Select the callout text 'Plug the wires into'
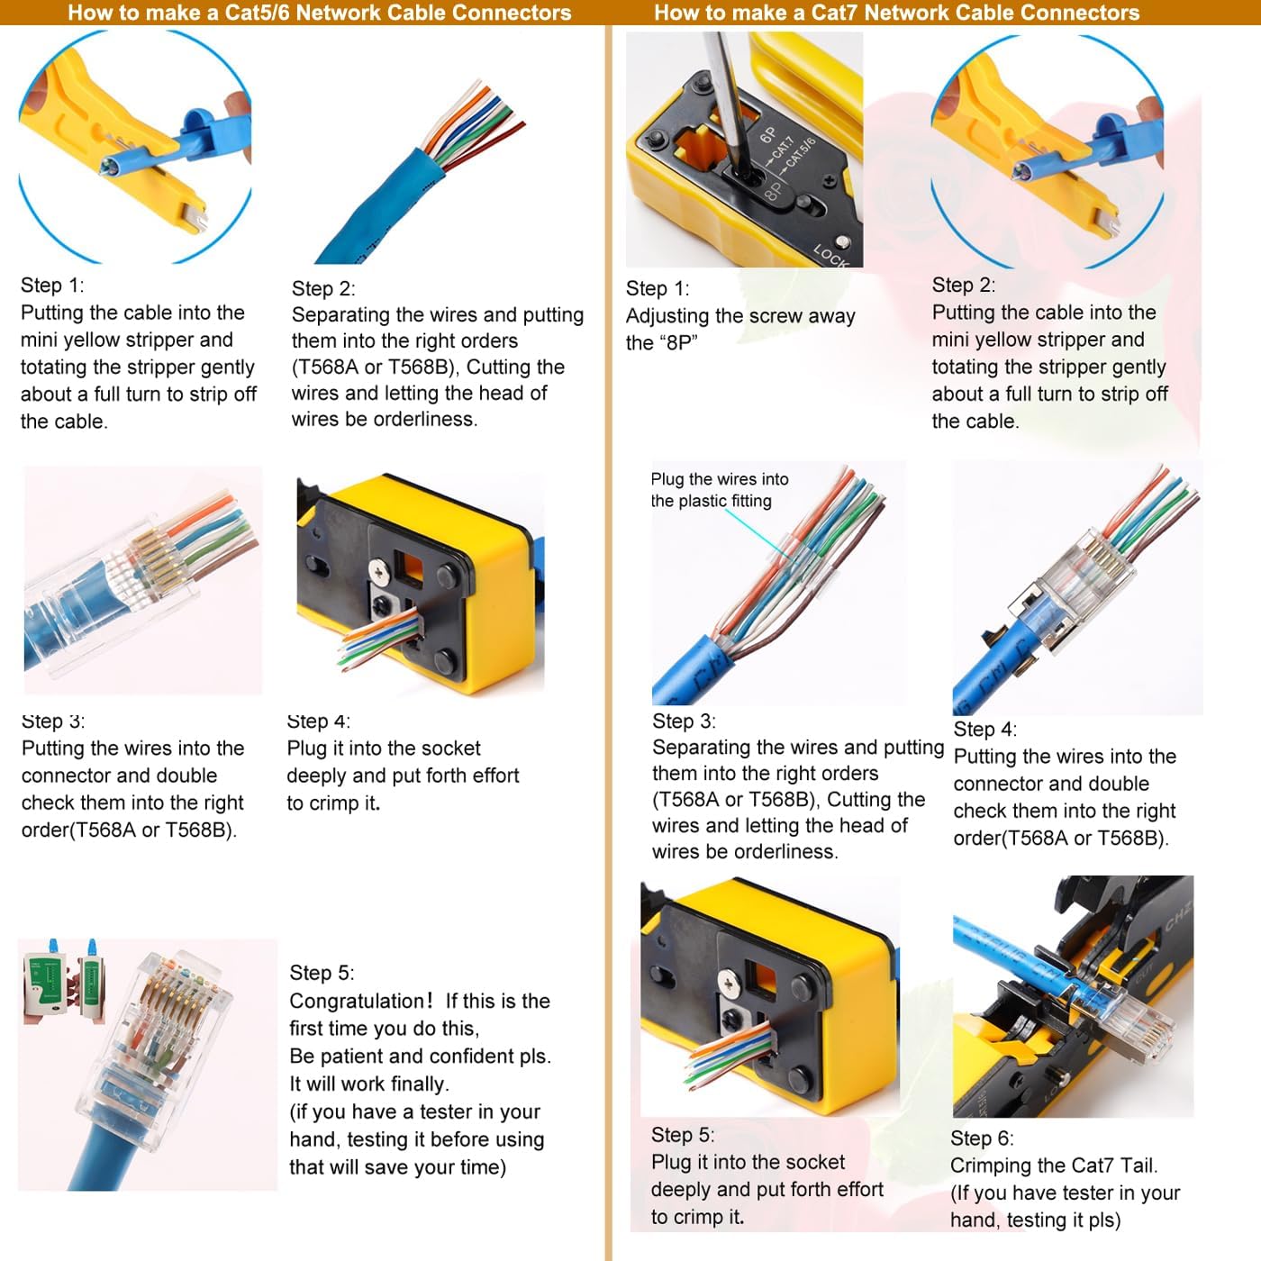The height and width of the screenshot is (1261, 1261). pyautogui.click(x=720, y=479)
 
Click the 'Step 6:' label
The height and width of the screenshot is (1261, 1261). pyautogui.click(x=982, y=1139)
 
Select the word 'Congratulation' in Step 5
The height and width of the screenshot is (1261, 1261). pyautogui.click(x=356, y=1002)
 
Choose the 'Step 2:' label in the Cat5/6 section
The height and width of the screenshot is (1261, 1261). pyautogui.click(x=323, y=289)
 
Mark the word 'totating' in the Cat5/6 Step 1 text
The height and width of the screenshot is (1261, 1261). pyautogui.click(x=58, y=367)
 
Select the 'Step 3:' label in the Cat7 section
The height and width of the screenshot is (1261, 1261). pyautogui.click(x=684, y=721)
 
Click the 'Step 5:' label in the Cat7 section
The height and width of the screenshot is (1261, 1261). pyautogui.click(x=683, y=1135)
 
